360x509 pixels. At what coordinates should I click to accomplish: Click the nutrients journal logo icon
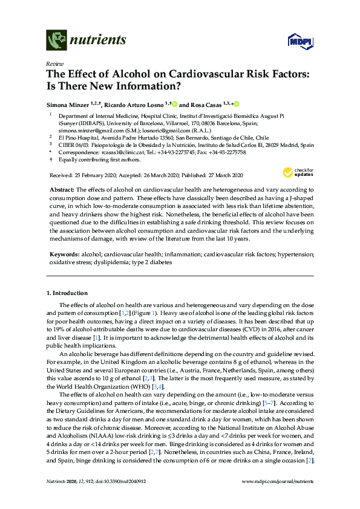(x=56, y=41)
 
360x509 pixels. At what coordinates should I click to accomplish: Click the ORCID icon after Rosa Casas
(x=237, y=103)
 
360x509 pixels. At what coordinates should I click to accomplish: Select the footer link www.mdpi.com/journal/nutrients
(x=278, y=496)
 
